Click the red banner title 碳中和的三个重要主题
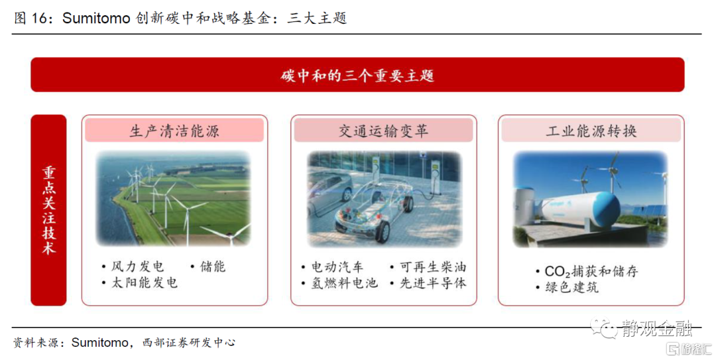(357, 76)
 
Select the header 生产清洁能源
(174, 131)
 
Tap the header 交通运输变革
(384, 131)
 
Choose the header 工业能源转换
(591, 131)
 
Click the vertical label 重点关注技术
(49, 210)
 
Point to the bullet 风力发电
(137, 267)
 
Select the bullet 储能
(213, 267)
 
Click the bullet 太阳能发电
(145, 283)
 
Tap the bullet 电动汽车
(337, 267)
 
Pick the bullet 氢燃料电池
(344, 283)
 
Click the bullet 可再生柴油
(433, 267)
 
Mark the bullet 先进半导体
(433, 283)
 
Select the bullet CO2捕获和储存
(591, 271)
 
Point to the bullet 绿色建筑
(571, 287)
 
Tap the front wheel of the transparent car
(383, 231)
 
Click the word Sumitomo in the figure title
(96, 19)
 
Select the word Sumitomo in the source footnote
(100, 342)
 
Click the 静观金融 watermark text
(656, 328)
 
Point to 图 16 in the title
(30, 19)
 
